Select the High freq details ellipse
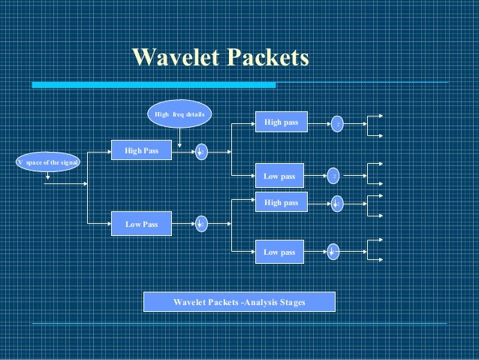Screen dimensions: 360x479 pos(179,114)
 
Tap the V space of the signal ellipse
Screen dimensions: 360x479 pos(47,162)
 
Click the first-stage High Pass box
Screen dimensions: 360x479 pos(141,151)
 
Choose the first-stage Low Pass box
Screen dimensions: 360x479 pos(141,223)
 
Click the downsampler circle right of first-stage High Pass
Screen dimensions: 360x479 pos(201,152)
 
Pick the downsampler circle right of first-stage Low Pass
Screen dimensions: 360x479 pos(201,224)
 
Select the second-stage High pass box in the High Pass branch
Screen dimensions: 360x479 pos(281,122)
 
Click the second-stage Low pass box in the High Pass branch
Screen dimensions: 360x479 pos(279,176)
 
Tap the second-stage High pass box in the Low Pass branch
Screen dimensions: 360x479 pos(281,203)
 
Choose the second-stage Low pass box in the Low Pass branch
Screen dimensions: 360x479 pos(279,252)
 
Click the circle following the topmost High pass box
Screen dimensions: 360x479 pos(338,123)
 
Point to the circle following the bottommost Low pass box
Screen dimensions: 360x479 pos(333,253)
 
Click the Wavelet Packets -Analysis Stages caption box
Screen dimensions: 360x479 pos(239,302)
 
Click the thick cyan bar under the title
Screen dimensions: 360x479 pos(153,86)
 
